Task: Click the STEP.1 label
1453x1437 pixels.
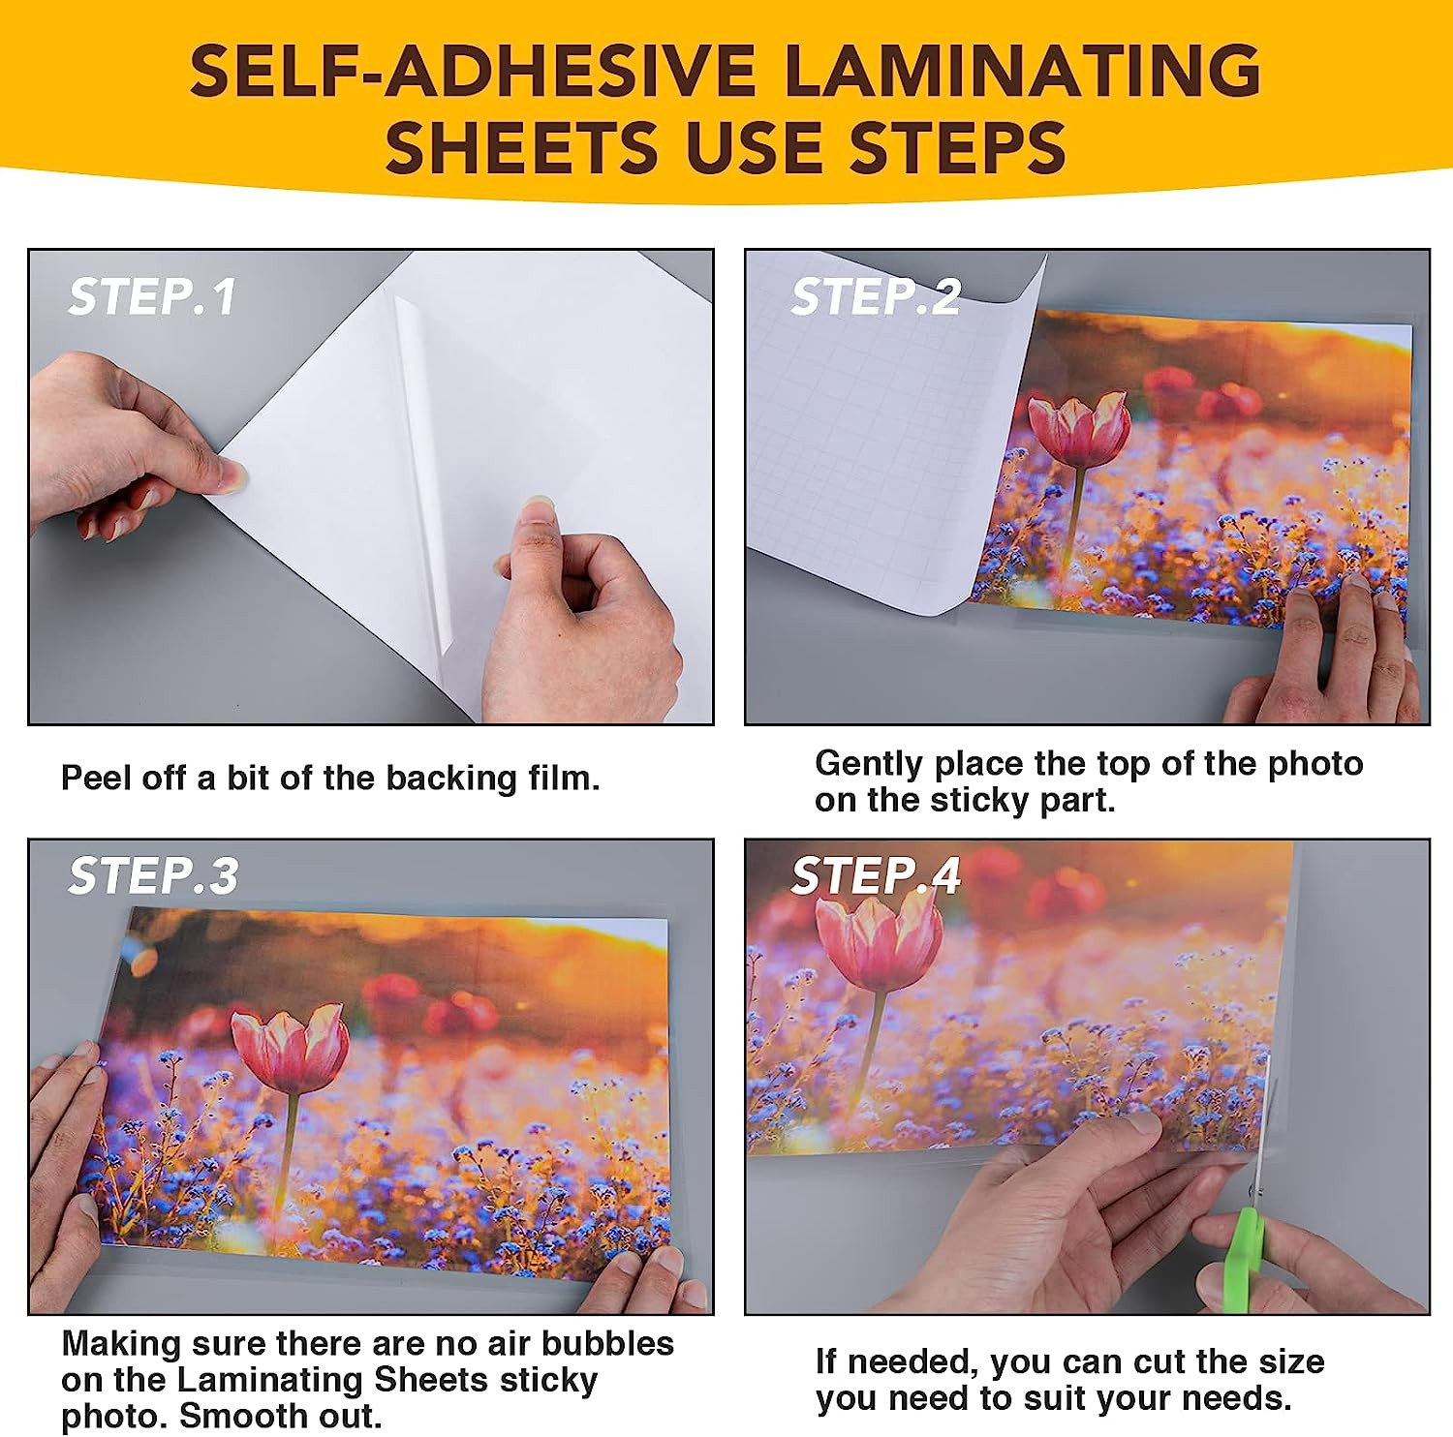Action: coord(152,296)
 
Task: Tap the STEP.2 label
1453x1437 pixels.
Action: coord(876,296)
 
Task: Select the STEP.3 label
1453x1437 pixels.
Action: coord(153,875)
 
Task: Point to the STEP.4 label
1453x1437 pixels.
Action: coord(876,875)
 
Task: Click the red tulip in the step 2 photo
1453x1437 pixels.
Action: coord(1078,429)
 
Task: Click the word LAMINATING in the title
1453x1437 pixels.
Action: coord(1022,71)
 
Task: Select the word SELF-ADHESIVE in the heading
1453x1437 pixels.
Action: coord(472,71)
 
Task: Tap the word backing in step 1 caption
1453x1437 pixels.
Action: coord(451,779)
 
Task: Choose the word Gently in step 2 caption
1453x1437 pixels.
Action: coord(869,765)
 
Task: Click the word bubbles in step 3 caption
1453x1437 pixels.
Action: coord(607,1343)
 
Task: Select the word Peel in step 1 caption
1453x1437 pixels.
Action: coord(96,778)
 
